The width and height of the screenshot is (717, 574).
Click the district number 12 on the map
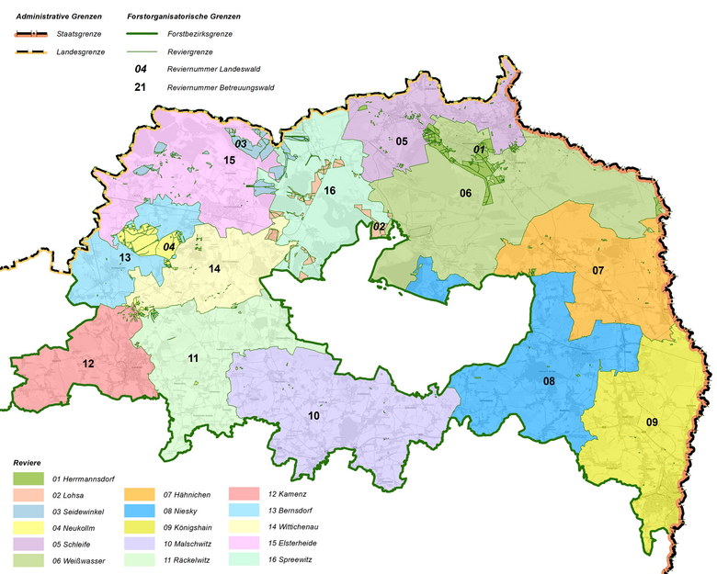coord(88,364)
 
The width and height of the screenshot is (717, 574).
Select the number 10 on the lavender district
coord(313,416)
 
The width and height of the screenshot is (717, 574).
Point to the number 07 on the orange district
coord(597,270)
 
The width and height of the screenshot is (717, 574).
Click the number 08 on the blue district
coord(549,380)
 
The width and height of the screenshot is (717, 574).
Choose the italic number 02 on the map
coord(378,226)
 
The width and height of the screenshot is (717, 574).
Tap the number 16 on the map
coord(329,190)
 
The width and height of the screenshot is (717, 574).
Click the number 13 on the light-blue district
coord(124,258)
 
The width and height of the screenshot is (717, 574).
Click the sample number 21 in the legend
coord(141,87)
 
